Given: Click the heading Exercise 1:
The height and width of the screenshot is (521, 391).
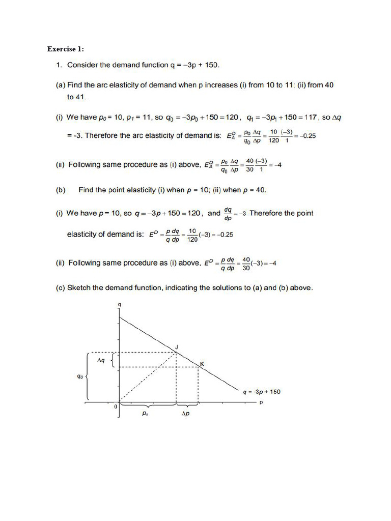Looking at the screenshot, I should (x=66, y=49).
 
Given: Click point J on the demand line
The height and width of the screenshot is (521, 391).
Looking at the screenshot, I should (x=176, y=348).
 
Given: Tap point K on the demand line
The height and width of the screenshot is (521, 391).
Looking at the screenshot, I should (x=201, y=364).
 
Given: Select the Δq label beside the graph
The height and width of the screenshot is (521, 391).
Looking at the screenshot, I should (x=101, y=360).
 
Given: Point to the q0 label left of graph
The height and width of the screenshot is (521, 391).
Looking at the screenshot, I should (x=80, y=377).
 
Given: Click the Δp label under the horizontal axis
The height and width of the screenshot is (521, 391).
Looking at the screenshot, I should (x=186, y=414).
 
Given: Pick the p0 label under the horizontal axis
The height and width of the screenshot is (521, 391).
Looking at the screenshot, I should (x=146, y=414).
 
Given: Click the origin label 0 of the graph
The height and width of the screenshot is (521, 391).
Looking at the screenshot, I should (x=115, y=407).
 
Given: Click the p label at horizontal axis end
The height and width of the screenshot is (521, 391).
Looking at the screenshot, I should (x=261, y=402).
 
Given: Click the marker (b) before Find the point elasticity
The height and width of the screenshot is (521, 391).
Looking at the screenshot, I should (x=61, y=190).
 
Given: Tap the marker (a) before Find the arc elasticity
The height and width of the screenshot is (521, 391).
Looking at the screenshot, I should (x=61, y=85).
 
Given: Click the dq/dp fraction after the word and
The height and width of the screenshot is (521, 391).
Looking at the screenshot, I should (x=229, y=214).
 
